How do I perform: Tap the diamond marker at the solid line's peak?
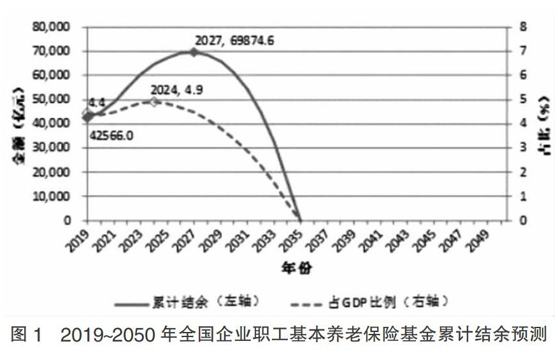tap(194, 52)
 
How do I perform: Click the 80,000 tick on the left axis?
tap(53, 28)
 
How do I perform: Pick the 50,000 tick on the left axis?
tap(53, 100)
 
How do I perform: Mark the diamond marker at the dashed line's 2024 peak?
tap(154, 101)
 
